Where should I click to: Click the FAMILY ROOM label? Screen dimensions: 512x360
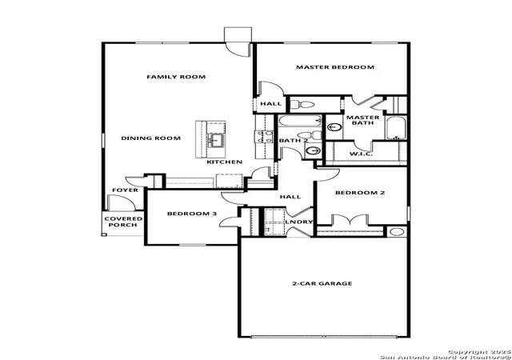[x=176, y=77]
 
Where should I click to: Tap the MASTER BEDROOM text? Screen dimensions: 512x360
[x=335, y=67]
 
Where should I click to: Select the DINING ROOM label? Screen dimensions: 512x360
[x=151, y=138]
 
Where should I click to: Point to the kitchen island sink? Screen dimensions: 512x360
[x=216, y=140]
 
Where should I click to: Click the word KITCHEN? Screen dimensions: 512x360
[x=225, y=162]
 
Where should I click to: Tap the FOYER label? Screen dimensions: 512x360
[x=125, y=190]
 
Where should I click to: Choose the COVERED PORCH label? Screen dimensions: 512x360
[x=123, y=222]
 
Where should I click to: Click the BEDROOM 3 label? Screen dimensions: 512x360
[x=192, y=214]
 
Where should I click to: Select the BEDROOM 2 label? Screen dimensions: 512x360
[x=360, y=193]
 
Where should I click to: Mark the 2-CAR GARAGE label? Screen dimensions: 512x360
[x=322, y=283]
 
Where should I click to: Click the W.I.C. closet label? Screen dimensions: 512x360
[x=361, y=154]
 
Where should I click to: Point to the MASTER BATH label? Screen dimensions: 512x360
[x=362, y=120]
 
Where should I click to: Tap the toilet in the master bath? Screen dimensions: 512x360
[x=302, y=105]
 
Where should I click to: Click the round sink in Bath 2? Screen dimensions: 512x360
[x=314, y=150]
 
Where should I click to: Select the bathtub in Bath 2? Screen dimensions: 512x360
[x=300, y=121]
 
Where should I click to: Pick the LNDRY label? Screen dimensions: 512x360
[x=299, y=222]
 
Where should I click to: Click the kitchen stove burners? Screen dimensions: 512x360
[x=264, y=137]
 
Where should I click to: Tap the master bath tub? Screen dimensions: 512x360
[x=396, y=128]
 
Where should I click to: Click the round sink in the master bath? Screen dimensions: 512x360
[x=334, y=127]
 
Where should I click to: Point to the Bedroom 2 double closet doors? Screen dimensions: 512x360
[x=350, y=220]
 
